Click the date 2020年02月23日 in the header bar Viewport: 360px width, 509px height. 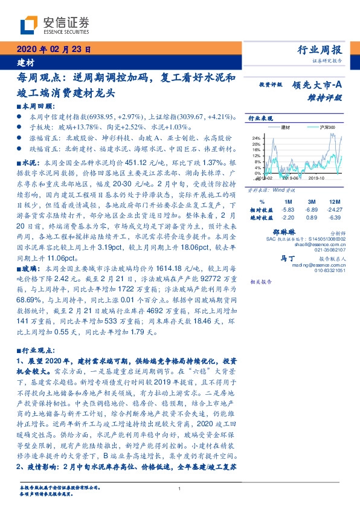click(52, 50)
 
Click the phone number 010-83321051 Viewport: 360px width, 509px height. click(329, 270)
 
